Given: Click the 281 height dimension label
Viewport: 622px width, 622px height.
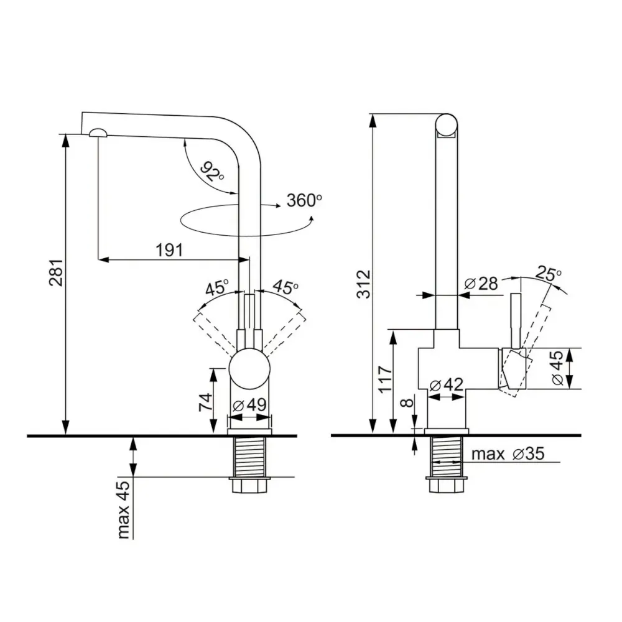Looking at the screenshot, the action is tap(56, 272).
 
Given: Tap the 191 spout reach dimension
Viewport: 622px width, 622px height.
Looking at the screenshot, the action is tap(169, 250).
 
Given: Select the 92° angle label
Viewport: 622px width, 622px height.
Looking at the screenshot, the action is tap(212, 172).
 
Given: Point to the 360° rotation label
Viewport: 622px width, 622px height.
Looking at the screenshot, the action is tap(304, 200).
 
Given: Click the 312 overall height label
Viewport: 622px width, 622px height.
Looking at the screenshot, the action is tap(363, 284).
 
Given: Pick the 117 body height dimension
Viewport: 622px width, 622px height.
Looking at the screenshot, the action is tap(385, 379).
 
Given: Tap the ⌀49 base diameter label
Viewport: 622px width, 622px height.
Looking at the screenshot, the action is tap(249, 405).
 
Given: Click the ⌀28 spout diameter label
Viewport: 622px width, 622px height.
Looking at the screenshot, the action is tap(481, 283).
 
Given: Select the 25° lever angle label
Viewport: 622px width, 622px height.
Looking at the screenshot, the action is tap(549, 273).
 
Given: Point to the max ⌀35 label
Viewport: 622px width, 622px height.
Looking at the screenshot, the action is tap(508, 454).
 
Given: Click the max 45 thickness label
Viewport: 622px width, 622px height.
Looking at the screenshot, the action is tap(124, 510).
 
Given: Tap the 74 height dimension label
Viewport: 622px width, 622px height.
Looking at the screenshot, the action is tap(205, 402).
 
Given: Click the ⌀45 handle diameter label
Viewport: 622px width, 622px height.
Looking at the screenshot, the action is tap(558, 368).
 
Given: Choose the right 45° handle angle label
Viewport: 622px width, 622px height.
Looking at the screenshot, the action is tap(285, 286).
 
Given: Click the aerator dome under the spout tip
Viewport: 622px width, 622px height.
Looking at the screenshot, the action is tap(98, 133).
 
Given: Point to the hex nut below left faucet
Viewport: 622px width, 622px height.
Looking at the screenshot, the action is tap(249, 485).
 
